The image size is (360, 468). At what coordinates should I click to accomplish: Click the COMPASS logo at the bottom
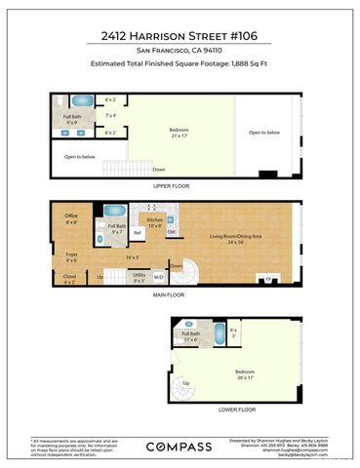[x=180, y=445]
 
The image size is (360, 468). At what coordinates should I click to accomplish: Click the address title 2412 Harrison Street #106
[x=180, y=34]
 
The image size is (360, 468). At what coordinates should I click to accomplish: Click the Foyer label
[x=71, y=259]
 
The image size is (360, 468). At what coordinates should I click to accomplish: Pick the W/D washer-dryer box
[x=159, y=276]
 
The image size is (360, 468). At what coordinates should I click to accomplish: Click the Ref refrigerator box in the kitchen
[x=137, y=233]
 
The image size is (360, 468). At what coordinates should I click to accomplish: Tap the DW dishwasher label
[x=171, y=232]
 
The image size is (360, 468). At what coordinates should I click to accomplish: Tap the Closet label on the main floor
[x=69, y=279]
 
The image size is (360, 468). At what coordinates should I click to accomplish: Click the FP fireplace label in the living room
[x=268, y=281]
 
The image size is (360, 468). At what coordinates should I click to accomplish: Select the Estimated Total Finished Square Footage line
[x=180, y=66]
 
